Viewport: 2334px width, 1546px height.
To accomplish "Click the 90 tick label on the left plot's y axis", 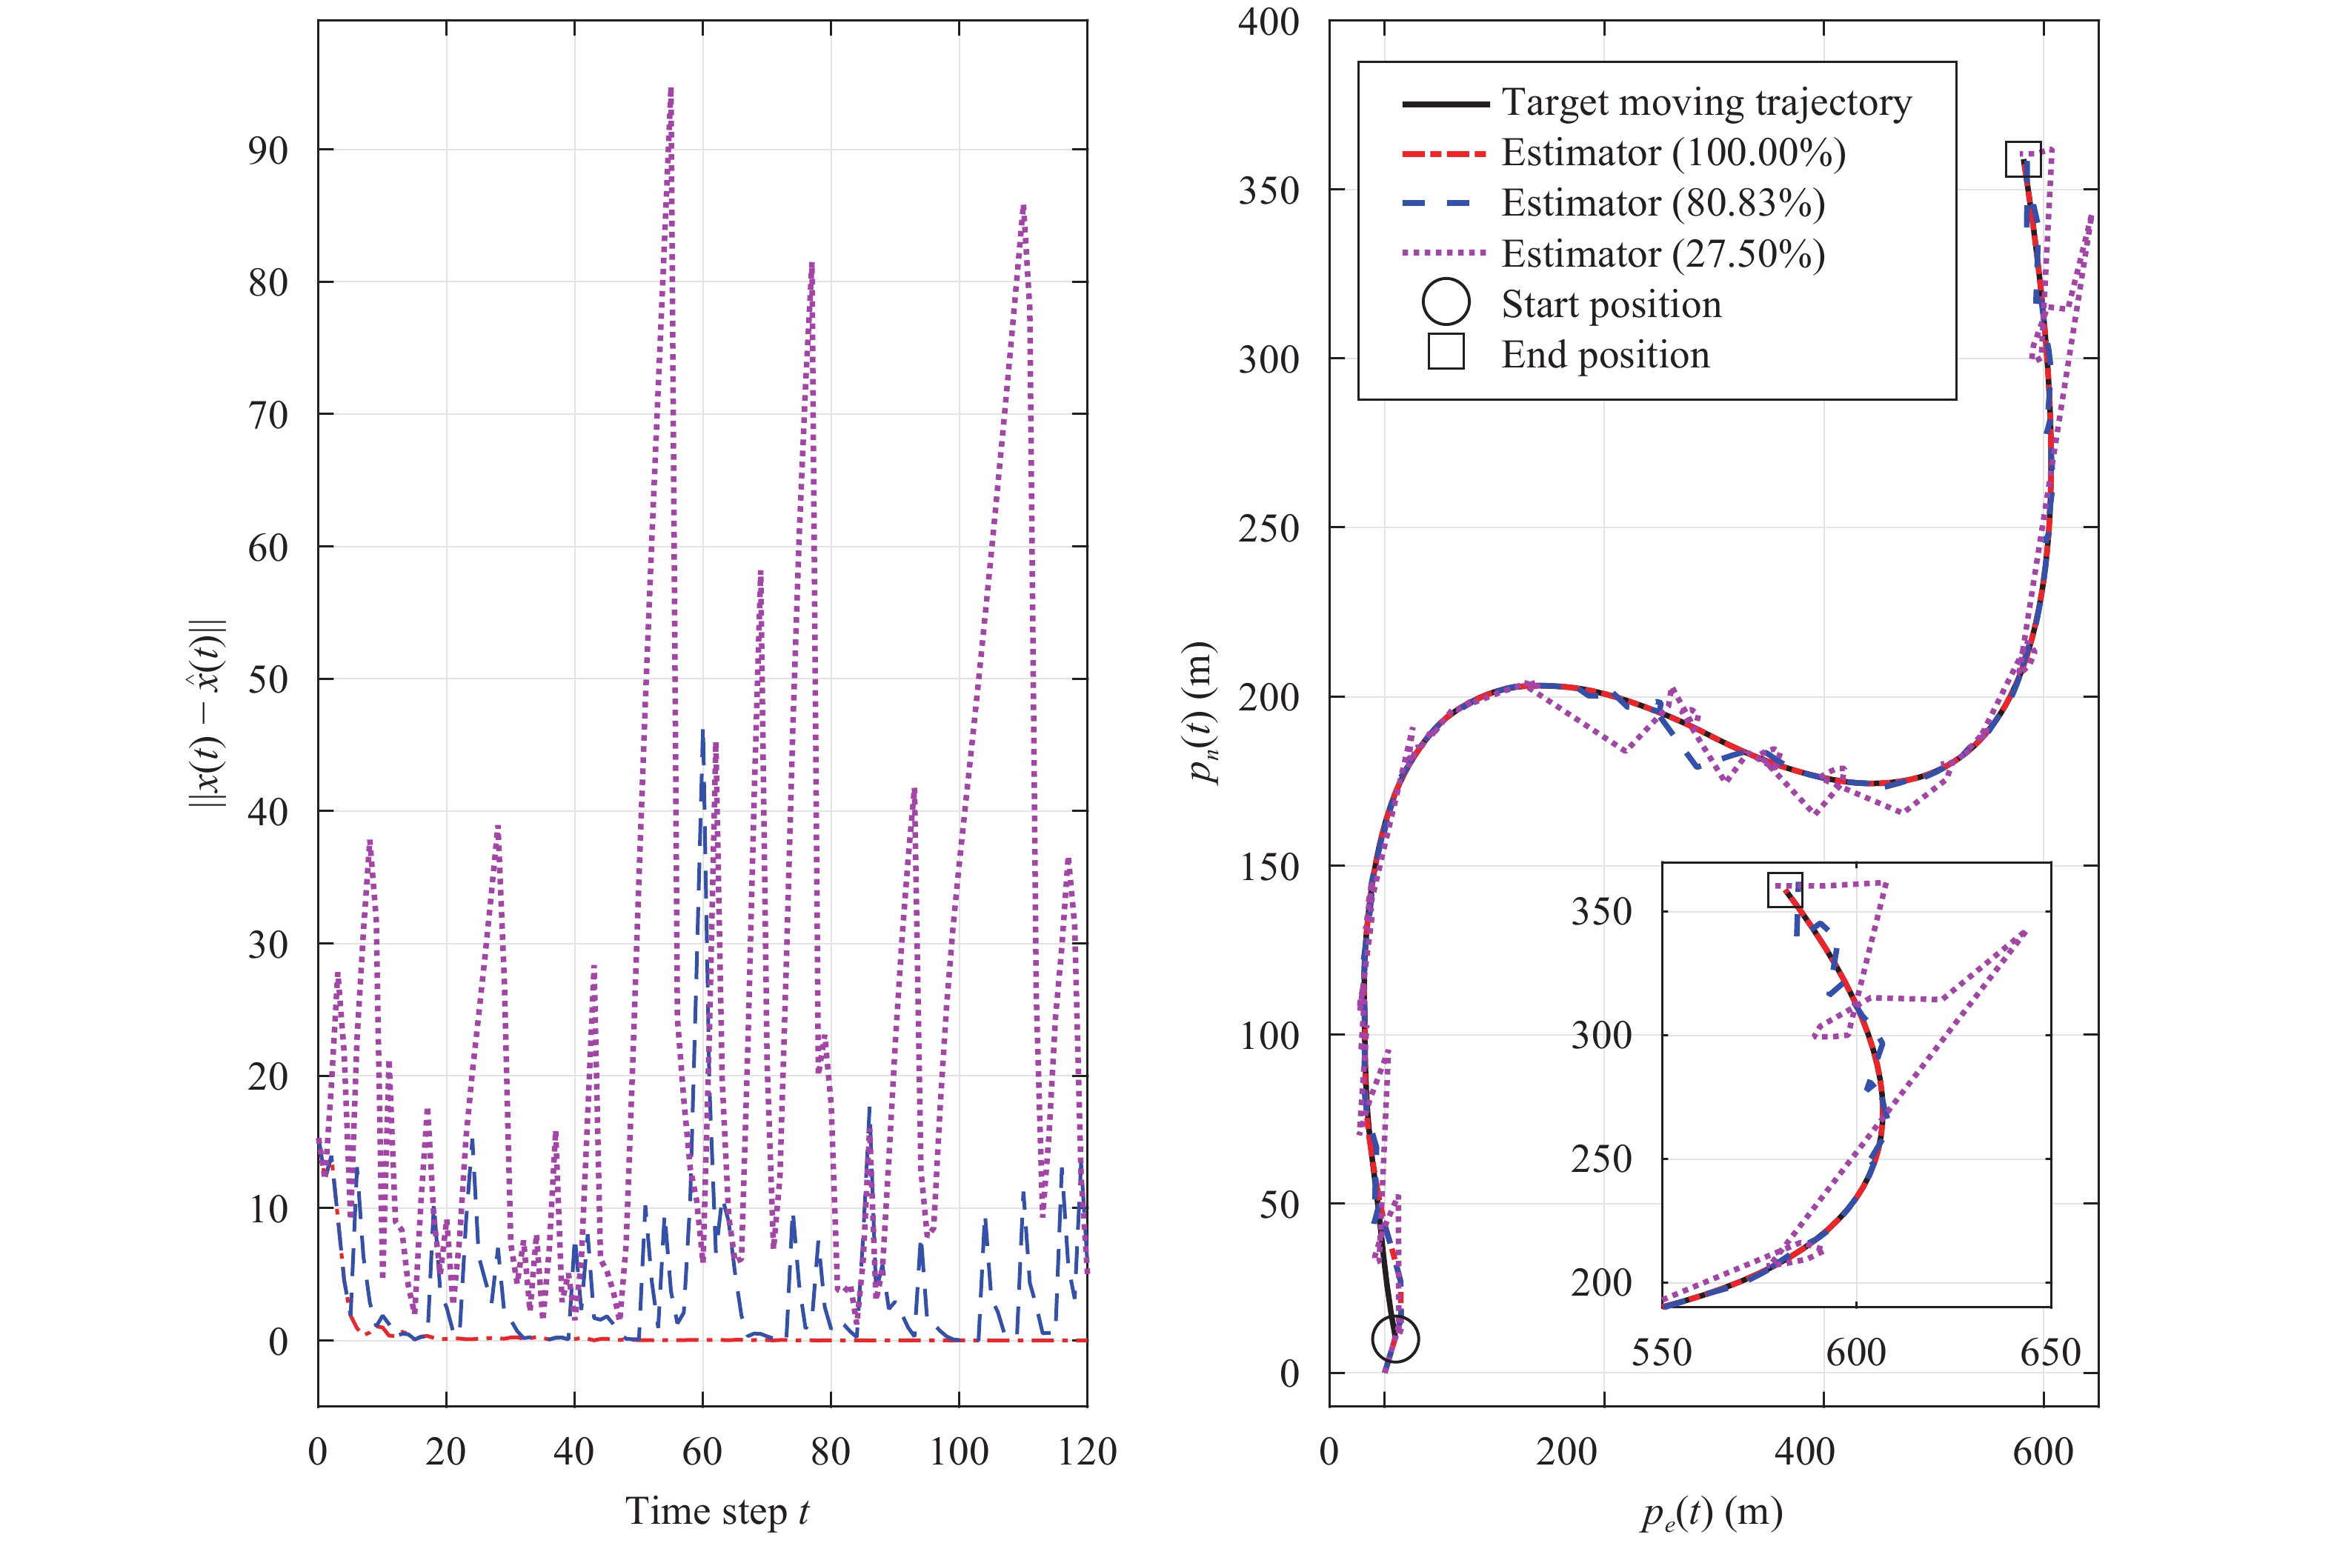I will [268, 151].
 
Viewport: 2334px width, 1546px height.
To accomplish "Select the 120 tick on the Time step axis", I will [1087, 1451].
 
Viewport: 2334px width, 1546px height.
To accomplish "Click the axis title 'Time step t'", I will [717, 1511].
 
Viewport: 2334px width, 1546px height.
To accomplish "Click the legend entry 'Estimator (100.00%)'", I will [1672, 153].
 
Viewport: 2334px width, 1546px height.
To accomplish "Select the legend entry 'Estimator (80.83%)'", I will [1663, 203].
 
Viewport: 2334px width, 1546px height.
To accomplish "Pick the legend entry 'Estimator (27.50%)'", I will [1663, 254].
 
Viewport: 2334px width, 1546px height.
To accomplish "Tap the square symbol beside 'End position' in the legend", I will [1446, 351].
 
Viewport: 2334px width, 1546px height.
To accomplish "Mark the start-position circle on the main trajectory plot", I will [1395, 1338].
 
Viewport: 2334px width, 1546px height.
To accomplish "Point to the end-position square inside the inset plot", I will [1785, 890].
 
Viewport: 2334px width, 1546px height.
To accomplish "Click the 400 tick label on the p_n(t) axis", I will [1269, 21].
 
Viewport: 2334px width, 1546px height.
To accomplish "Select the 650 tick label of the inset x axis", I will [2050, 1352].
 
